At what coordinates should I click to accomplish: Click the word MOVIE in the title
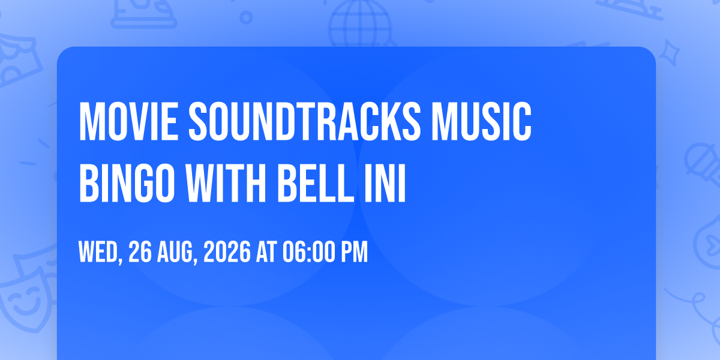coord(128,121)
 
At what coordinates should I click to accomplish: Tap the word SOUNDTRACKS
coord(305,121)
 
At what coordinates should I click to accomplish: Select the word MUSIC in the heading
coord(481,121)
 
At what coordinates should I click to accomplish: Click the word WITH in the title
coord(226,183)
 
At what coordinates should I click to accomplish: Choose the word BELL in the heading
coord(316,183)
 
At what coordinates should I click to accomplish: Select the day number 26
coord(140,251)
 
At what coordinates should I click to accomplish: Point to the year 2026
coord(227,251)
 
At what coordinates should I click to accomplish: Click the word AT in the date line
coord(266,251)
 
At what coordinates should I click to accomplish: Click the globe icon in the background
coord(360,23)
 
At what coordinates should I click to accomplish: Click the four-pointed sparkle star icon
coord(670,53)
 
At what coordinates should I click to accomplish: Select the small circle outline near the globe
coord(246,17)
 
